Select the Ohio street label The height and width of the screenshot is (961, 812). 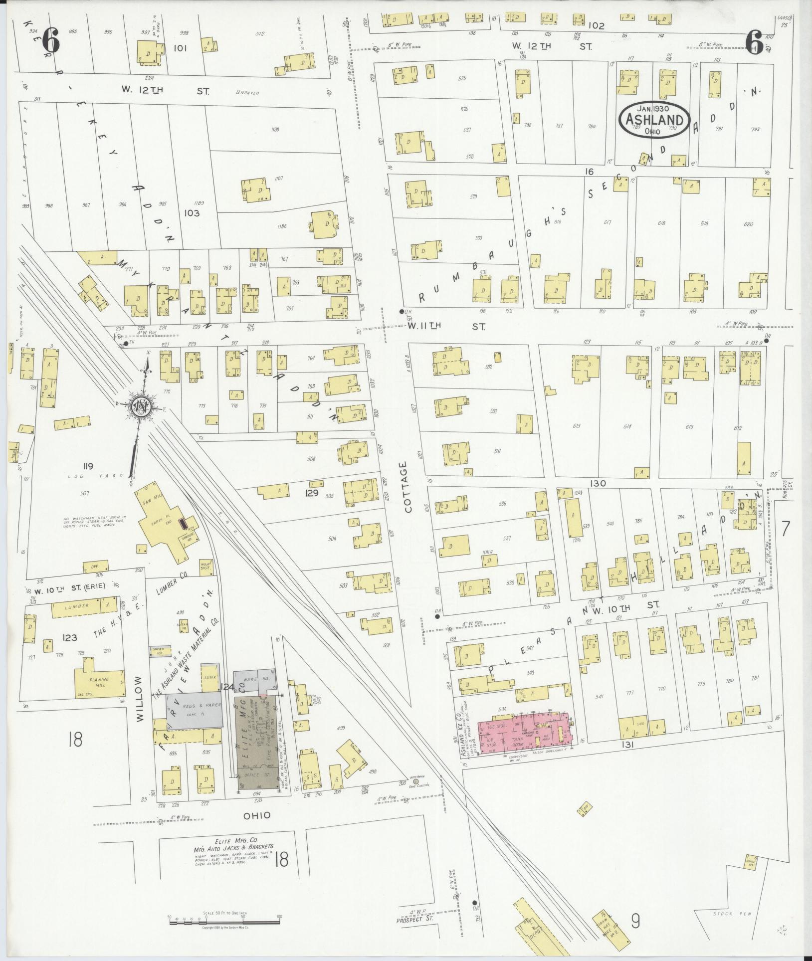[257, 815]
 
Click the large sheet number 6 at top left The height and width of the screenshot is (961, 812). [52, 39]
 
